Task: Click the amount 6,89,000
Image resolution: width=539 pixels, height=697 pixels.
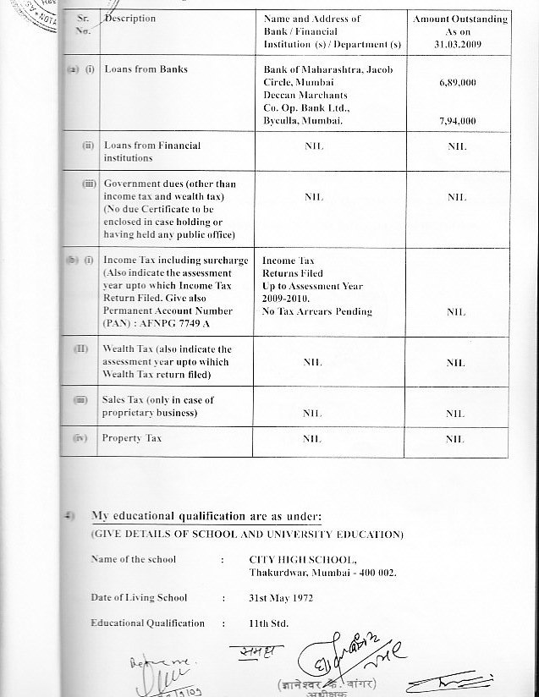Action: (457, 85)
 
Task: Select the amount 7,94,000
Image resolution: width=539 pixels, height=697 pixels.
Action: (457, 121)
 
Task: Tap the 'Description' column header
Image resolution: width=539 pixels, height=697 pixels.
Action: (130, 19)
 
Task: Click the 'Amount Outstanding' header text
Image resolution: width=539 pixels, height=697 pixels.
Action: (460, 19)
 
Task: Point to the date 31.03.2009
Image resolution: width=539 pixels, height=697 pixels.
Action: (460, 44)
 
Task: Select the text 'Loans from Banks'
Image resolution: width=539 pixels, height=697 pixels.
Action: (146, 69)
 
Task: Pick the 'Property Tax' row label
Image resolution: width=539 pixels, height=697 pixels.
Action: (131, 438)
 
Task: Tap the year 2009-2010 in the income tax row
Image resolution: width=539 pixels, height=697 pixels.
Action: (287, 299)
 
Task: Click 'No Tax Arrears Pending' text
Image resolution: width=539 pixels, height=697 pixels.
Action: (316, 311)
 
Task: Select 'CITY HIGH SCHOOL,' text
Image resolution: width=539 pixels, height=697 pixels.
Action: (303, 559)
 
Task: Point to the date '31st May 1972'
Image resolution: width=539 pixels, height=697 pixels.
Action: (281, 597)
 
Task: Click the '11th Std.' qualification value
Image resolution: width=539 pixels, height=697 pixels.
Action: (268, 623)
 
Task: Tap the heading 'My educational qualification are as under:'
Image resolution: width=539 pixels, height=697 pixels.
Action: (206, 517)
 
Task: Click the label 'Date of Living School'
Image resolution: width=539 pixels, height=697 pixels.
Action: (140, 597)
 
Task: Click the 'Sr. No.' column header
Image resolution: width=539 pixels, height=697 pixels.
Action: (83, 24)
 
